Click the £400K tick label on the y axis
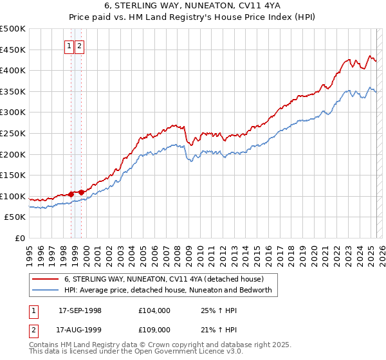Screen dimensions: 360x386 tap(13, 70)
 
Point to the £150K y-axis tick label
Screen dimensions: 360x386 tap(13, 175)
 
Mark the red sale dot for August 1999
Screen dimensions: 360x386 tap(82, 192)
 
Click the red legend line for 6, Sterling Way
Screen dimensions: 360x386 tap(46, 280)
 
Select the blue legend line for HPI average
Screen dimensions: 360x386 tap(46, 290)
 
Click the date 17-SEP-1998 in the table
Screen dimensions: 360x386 tap(80, 310)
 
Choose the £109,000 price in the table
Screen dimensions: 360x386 tap(154, 330)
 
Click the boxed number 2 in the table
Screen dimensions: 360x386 tap(34, 330)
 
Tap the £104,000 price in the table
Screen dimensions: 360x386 tap(154, 310)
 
